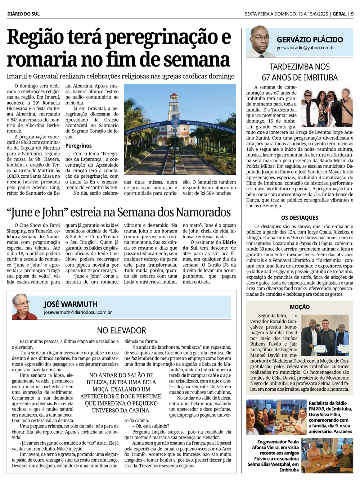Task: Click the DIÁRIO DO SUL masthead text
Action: [x=23, y=14]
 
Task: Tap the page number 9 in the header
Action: [x=352, y=14]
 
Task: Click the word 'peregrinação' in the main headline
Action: [x=168, y=37]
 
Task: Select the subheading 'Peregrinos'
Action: [x=78, y=146]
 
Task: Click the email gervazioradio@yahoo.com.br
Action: [x=306, y=48]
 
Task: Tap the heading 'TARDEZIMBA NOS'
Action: [x=300, y=67]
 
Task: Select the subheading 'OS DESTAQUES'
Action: [x=300, y=218]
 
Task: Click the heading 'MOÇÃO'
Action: [x=300, y=307]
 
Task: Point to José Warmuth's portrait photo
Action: [x=24, y=307]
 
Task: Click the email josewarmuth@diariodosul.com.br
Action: [x=78, y=312]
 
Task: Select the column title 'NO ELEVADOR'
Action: [x=121, y=330]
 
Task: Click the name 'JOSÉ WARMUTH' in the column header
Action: [x=71, y=304]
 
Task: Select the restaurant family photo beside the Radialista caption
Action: [x=276, y=417]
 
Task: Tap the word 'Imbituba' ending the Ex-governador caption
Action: [x=289, y=470]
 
